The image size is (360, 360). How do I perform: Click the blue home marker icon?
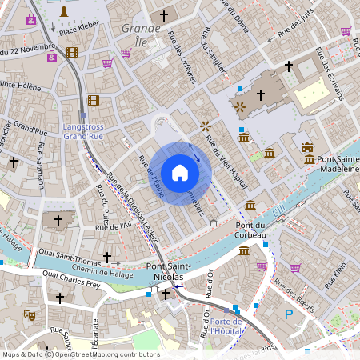pos(180,173)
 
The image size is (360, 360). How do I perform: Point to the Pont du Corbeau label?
pos(256,230)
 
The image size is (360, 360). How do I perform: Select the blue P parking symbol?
pos(288,314)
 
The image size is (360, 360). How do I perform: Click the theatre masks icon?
pos(30,314)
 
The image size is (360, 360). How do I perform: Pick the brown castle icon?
pos(308,147)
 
